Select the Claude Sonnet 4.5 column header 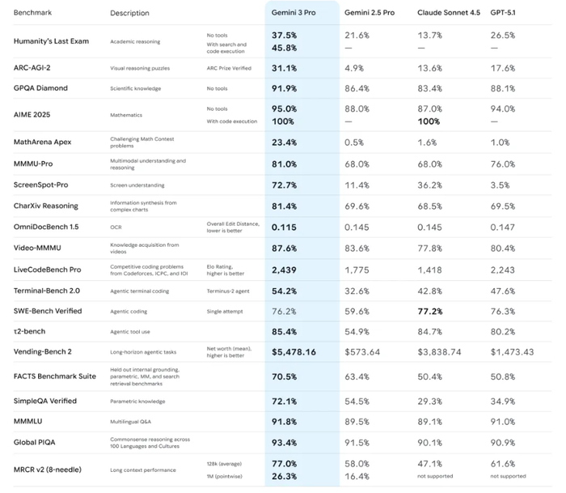[446, 13]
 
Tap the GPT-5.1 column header [506, 13]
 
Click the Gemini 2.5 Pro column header [370, 13]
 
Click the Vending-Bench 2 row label [43, 352]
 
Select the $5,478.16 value [294, 352]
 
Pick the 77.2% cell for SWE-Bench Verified [429, 311]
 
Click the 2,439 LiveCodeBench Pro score [285, 269]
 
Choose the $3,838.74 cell [439, 352]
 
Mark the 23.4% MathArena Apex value [285, 142]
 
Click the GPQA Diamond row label [40, 88]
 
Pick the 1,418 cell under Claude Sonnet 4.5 [429, 269]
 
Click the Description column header [129, 13]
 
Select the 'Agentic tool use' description [130, 331]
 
